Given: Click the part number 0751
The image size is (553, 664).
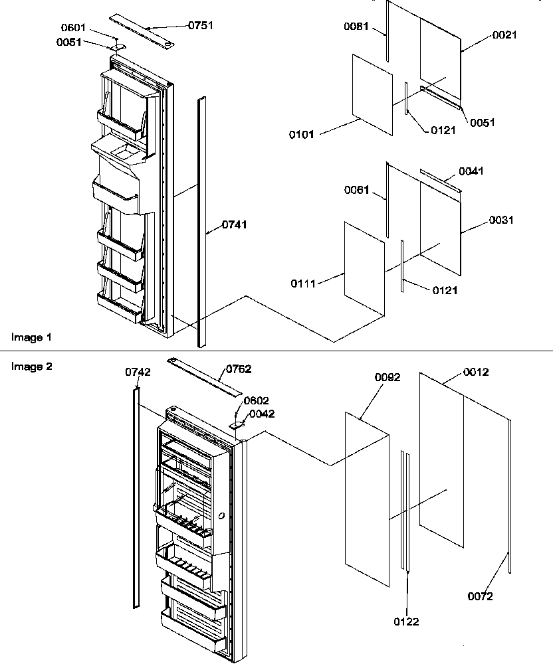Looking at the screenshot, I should point(201,25).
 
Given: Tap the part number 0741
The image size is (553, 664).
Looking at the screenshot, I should point(234,224).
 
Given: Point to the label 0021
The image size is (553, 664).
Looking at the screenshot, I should point(504,35).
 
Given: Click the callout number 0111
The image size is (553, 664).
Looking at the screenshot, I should point(302,284).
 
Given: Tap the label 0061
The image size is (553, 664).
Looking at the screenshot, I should point(357,191).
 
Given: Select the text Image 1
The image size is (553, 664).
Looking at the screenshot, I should point(31,337).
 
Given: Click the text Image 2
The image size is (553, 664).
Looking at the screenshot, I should point(31,365).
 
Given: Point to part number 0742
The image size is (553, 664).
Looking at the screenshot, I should point(138,373).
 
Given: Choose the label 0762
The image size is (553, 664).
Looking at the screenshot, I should point(239,369).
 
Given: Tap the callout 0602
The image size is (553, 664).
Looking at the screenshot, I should point(257,400).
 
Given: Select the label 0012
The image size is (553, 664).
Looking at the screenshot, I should point(475,372).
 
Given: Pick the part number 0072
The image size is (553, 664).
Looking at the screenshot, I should point(479,596).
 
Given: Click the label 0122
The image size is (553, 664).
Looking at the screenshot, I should point(406,622).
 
